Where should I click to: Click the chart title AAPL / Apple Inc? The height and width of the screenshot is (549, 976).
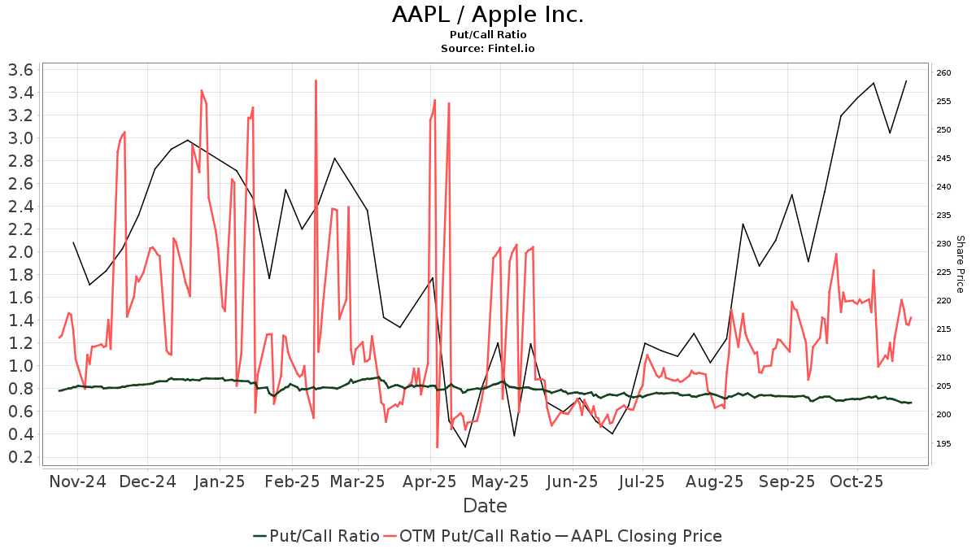pos(488,15)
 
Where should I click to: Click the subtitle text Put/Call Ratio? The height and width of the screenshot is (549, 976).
pos(488,35)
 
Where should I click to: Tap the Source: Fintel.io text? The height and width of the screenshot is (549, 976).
pos(488,49)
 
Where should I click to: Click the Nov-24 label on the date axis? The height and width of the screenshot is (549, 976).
pos(78,481)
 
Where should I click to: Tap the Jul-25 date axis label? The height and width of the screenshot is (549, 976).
pos(643,481)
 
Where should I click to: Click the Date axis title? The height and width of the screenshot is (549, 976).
pos(485,506)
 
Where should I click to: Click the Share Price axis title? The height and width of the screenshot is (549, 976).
pos(960,264)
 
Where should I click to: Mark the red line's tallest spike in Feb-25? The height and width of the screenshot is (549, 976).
pos(316,81)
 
